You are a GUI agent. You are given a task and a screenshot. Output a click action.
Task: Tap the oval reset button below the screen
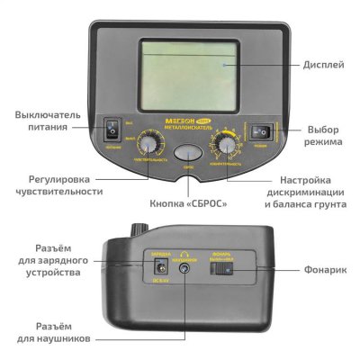point(187,153)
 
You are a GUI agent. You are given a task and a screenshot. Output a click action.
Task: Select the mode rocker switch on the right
point(262,131)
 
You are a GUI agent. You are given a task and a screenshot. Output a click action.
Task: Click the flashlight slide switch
point(227,267)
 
